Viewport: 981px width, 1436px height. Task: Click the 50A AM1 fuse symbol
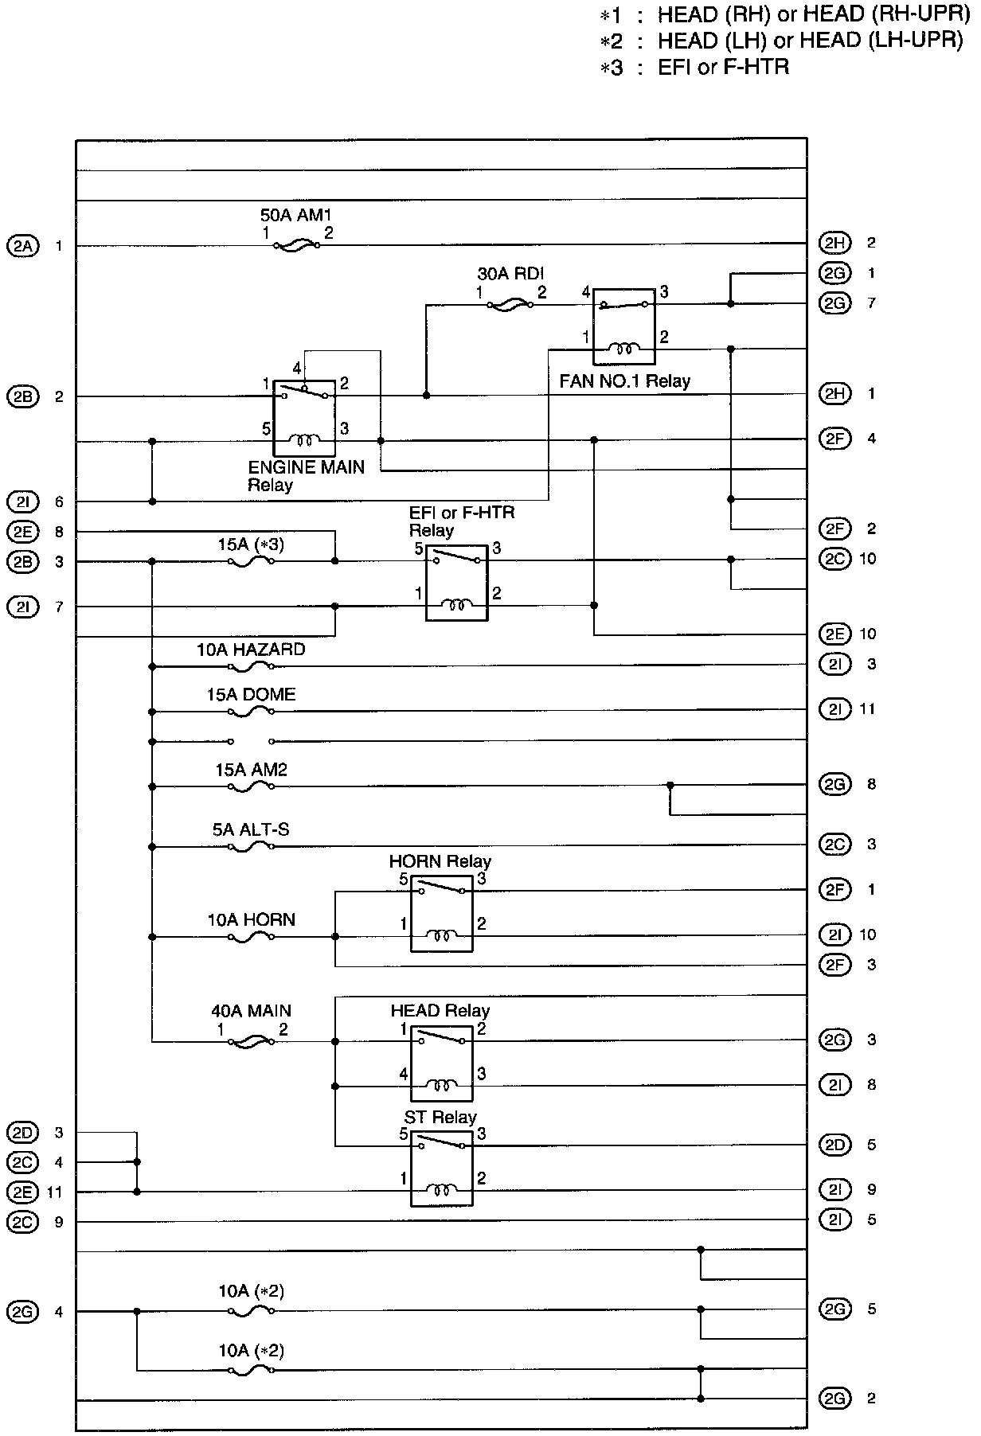tap(296, 246)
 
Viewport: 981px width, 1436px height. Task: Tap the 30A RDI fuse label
tap(510, 274)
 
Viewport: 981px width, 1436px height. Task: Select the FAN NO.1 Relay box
tap(624, 326)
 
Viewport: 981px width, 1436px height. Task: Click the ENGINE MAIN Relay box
tap(304, 418)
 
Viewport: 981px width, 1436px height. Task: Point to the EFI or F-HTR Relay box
tap(456, 583)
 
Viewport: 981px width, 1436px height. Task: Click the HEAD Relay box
tap(441, 1063)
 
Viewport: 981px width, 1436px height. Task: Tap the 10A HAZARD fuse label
tap(251, 650)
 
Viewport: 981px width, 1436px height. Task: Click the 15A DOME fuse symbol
tap(251, 712)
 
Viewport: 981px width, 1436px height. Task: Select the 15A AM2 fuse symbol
tap(251, 786)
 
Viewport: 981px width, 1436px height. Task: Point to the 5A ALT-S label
tap(251, 829)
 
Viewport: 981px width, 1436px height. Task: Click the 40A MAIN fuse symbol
tap(251, 1041)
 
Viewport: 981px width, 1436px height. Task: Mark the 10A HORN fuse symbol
tap(251, 938)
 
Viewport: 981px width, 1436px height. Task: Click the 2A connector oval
tap(22, 246)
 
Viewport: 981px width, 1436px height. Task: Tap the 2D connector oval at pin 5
tap(834, 1145)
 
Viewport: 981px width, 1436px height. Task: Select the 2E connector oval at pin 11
tap(22, 1192)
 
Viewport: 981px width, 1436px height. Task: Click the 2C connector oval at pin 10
tap(834, 559)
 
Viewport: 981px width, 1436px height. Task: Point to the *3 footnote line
tap(694, 67)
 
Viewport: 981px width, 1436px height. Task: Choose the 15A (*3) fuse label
tap(251, 545)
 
